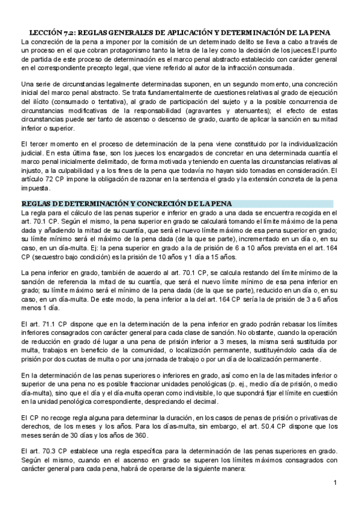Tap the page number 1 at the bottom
pos(336,482)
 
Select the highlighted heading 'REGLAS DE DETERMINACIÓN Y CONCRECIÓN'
pos(126,203)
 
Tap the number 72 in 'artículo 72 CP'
pos(49,178)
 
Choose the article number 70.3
pos(47,452)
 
